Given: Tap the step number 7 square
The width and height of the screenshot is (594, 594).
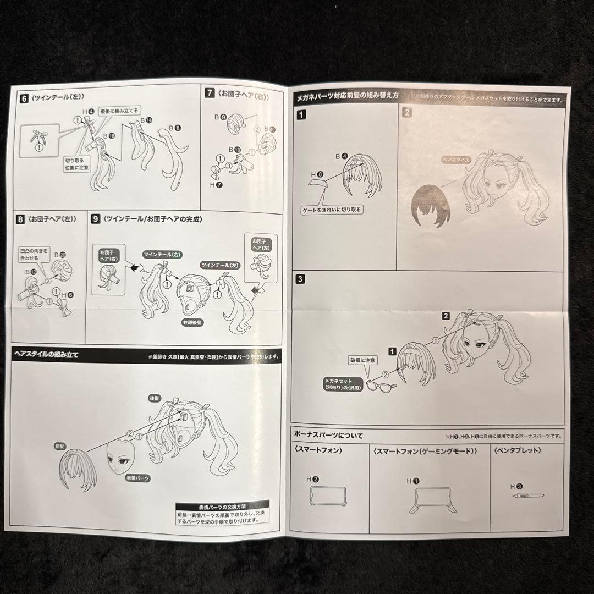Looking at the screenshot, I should pos(209,93).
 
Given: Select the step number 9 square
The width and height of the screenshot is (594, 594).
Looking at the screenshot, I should pos(96,219).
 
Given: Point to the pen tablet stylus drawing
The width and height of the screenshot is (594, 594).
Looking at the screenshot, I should pos(525,496).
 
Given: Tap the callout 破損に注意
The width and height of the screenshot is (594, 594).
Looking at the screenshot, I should pos(364,360).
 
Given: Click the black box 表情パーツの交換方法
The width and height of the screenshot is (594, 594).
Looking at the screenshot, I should pos(222,506).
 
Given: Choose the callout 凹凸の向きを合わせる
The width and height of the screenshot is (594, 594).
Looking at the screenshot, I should pos(34,254).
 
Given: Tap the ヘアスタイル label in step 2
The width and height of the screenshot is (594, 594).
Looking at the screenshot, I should pos(456,160).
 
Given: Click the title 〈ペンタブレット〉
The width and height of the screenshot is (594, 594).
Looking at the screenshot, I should pos(518,450).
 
